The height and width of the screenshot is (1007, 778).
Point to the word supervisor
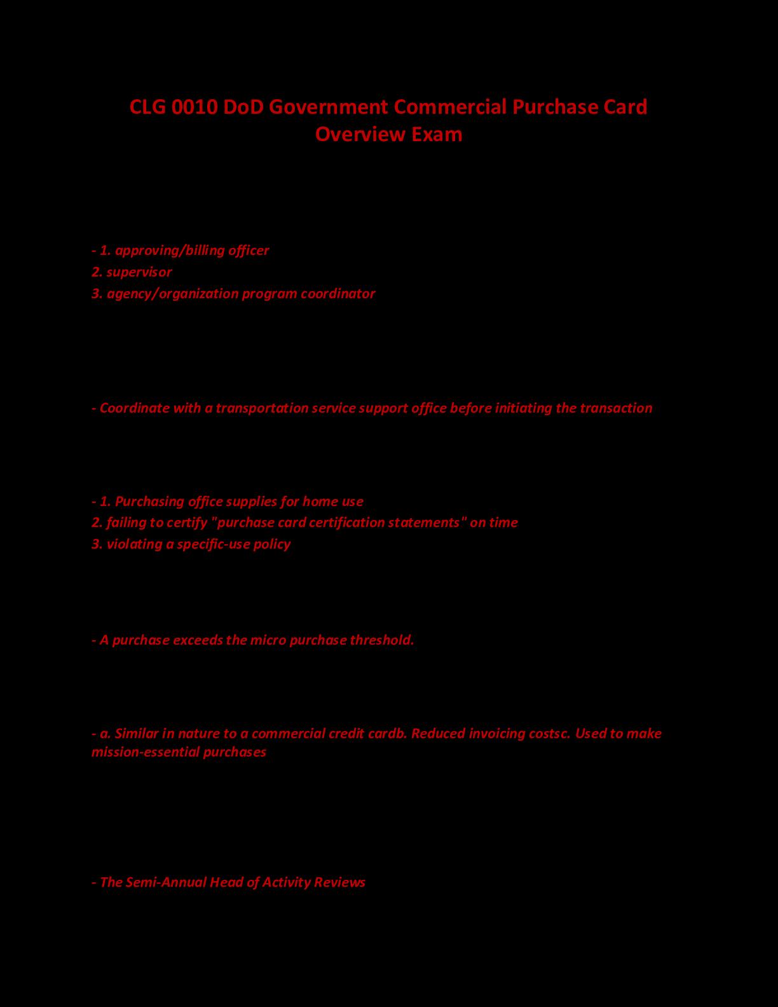tap(139, 272)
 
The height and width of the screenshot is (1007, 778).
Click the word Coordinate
tap(133, 408)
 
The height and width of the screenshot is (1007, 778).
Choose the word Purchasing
tap(149, 502)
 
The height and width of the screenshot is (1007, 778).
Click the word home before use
tap(320, 502)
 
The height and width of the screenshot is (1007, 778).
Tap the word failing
tap(124, 523)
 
